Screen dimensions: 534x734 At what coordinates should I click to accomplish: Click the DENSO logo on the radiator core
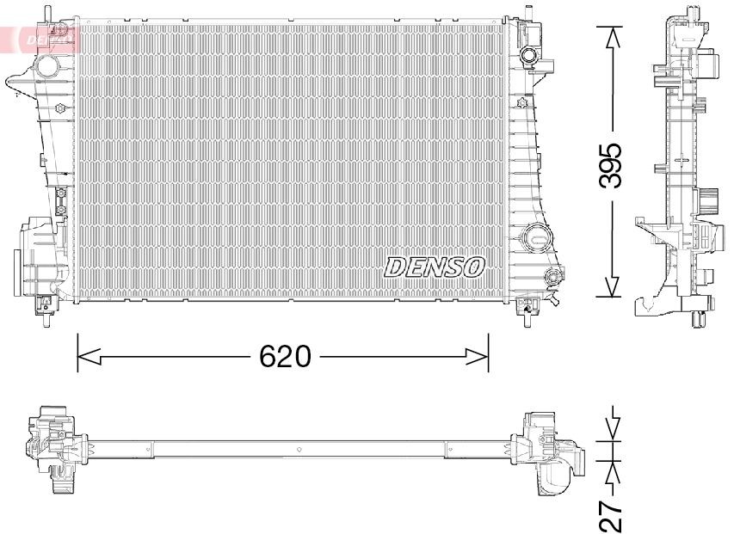pyautogui.click(x=435, y=267)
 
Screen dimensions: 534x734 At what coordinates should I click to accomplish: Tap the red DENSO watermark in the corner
pyautogui.click(x=39, y=38)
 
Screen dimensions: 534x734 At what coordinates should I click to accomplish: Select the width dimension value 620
pyautogui.click(x=285, y=355)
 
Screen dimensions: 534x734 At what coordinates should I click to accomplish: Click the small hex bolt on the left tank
pyautogui.click(x=60, y=108)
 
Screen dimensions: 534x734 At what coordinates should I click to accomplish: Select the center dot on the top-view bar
pyautogui.click(x=297, y=449)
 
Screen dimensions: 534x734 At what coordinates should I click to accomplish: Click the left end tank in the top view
pyautogui.click(x=52, y=447)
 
